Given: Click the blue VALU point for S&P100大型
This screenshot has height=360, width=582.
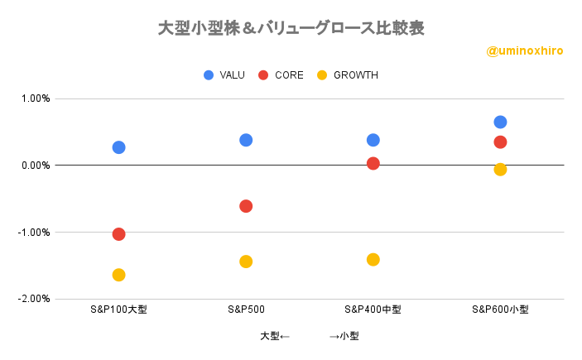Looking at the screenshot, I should coord(118,147).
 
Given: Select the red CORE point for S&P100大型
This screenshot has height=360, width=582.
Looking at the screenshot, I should coord(118,234).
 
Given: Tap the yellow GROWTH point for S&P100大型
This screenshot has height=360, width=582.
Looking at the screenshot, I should coord(118,275).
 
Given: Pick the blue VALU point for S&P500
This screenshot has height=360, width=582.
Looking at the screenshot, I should coord(246,140).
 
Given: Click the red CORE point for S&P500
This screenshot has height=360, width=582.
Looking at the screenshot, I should coord(246,206).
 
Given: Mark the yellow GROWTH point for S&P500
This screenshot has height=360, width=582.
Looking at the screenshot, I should coord(246,262).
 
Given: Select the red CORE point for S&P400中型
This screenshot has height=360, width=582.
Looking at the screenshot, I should coord(373,163).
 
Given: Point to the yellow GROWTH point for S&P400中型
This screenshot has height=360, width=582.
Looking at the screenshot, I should coord(373,260).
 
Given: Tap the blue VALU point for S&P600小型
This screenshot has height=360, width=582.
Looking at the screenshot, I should coord(500,122).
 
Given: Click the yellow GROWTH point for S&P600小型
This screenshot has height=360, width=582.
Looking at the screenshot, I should coord(500,170).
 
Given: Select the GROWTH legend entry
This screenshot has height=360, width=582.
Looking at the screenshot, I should coord(347,75).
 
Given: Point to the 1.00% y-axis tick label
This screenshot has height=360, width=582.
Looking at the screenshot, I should coord(36,98).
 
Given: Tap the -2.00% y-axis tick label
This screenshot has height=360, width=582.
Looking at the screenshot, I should coord(34,299).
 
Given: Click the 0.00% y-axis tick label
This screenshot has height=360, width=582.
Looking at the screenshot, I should coord(36,166).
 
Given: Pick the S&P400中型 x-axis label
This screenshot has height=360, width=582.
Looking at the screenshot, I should coord(373,310).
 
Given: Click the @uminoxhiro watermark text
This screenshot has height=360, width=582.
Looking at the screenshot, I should coord(525,50).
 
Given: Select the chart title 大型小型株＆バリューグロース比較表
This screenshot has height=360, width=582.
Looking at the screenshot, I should coord(291,28).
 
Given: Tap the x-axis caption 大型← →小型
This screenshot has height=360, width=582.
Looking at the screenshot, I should coord(309,336).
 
